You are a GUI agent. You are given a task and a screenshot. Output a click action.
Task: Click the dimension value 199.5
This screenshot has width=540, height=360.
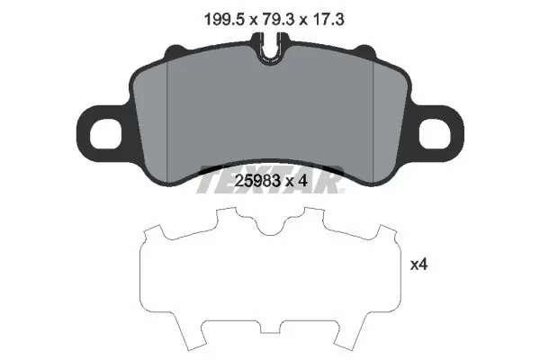(x=224, y=19)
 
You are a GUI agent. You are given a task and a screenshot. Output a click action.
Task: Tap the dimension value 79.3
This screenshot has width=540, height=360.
(x=278, y=19)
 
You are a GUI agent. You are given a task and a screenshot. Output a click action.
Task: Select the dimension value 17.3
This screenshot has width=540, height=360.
(x=328, y=19)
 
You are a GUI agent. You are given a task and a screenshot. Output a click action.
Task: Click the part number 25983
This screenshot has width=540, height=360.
(x=256, y=180)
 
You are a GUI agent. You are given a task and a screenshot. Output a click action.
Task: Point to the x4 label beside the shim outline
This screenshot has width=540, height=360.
(x=418, y=265)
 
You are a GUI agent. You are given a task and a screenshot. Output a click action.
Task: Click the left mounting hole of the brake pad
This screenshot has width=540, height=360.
(x=105, y=134)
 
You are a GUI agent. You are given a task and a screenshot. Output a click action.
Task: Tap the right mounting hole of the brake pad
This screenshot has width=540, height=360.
(x=435, y=134)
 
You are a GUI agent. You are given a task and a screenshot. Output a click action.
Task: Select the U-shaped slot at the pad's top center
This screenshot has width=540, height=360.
(x=270, y=50)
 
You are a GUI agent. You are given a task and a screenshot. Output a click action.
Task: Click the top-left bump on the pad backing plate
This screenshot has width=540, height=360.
(x=176, y=50)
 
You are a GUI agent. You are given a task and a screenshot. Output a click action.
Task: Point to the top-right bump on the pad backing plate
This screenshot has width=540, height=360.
(x=364, y=50)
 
